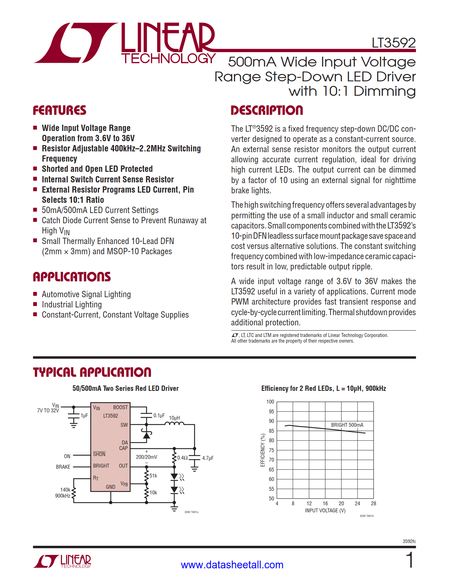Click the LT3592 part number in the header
393,43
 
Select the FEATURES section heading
60,110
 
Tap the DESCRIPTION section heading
267,110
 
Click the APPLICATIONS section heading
72,277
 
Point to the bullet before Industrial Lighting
35,304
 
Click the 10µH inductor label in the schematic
174,418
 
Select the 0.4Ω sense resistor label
182,458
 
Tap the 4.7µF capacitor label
208,458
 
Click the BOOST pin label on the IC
120,407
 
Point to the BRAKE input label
63,467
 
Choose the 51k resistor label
153,476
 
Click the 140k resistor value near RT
65,490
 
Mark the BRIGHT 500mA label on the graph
347,425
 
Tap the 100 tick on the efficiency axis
270,402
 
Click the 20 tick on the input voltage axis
341,504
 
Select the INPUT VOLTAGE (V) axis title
325,511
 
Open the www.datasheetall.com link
232,565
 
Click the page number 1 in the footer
409,560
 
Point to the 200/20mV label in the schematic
146,457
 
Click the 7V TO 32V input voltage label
48,411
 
